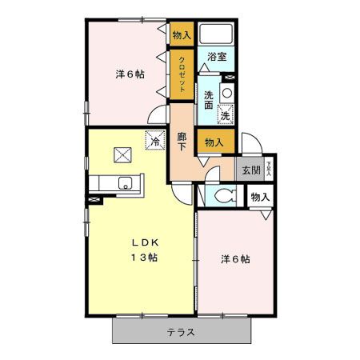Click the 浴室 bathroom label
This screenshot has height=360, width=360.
click(217, 57)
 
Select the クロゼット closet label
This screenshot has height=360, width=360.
click(182, 73)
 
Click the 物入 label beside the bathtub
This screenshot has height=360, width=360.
click(182, 34)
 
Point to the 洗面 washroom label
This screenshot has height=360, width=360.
click(208, 99)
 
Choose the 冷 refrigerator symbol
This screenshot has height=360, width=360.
click(154, 141)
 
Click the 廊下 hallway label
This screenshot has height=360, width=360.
click(182, 142)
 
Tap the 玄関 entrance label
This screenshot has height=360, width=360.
click(250, 170)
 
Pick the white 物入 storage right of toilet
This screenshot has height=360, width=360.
click(260, 197)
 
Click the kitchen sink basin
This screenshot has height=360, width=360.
click(124, 183)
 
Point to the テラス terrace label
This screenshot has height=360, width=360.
click(182, 331)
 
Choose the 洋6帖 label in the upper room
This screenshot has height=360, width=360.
click(129, 74)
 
